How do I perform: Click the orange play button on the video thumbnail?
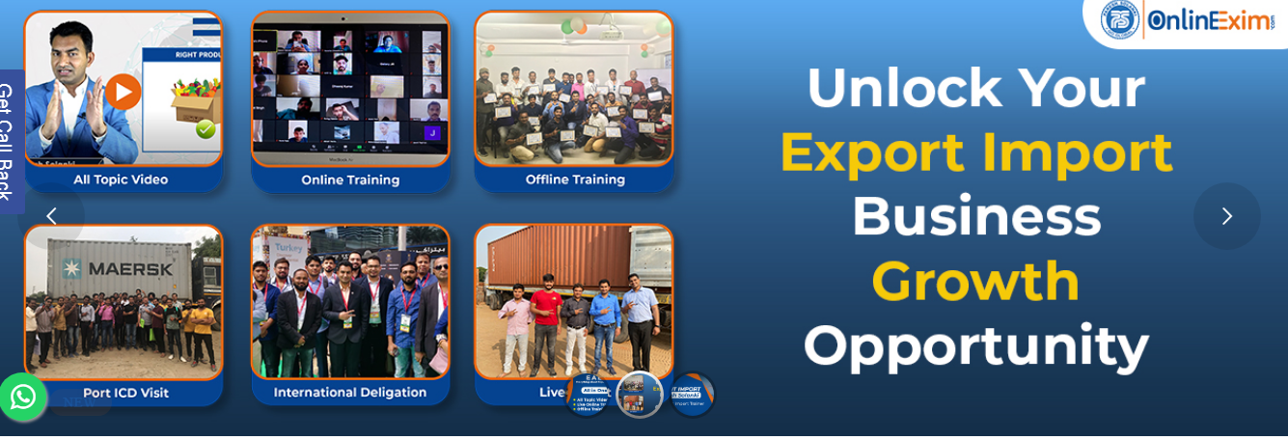coord(123,92)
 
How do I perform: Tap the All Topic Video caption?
coord(121,179)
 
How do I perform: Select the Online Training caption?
coord(350,179)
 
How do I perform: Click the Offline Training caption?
coord(575,179)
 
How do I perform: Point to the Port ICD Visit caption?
coord(125,393)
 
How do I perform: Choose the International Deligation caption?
coord(350,393)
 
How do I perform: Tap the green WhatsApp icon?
coord(22,397)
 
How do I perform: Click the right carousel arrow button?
coord(1226,216)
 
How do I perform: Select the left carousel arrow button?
coord(51,216)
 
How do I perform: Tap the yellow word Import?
coord(1077,152)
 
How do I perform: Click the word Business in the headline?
coord(975,216)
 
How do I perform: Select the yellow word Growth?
coord(975,281)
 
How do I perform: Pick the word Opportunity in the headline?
coord(975,345)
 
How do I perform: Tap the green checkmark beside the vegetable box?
coord(206,129)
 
